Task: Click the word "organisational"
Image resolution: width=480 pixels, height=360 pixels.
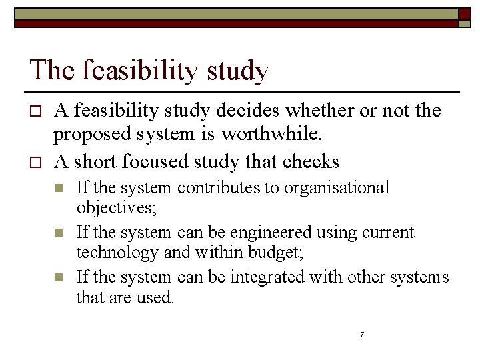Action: (x=337, y=188)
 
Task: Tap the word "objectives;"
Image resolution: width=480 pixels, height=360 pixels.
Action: (x=117, y=208)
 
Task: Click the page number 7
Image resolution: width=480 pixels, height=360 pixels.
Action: (x=361, y=334)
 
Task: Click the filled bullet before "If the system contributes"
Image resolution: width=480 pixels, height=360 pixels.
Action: (x=59, y=189)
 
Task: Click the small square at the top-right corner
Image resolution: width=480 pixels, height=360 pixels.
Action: (x=465, y=22)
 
